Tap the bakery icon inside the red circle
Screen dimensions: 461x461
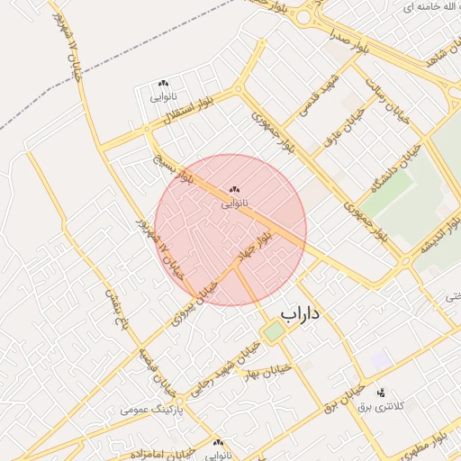[x=234, y=190]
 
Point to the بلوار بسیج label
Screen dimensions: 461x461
[x=171, y=169]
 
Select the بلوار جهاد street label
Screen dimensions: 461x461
[x=253, y=246]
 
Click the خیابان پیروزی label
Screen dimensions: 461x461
[x=196, y=298]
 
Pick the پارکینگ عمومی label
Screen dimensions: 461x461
[x=152, y=409]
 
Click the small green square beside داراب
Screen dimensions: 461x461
[x=273, y=332]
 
